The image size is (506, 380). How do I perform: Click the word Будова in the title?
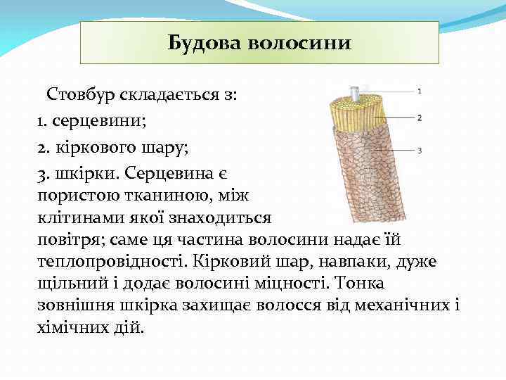(204, 43)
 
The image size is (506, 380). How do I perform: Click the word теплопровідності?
(115, 261)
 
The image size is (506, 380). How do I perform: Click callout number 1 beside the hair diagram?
(420, 91)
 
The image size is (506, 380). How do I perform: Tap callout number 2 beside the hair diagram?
(420, 118)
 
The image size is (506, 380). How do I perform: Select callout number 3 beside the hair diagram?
(420, 150)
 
